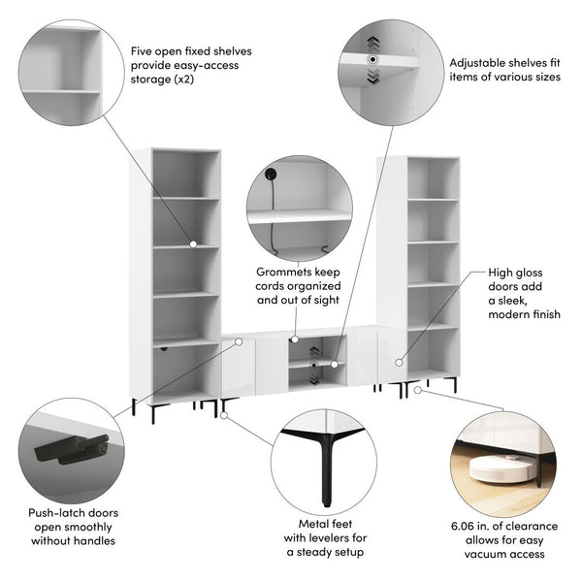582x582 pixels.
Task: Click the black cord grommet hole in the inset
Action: [271, 174]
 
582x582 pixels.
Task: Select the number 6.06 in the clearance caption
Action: [462, 527]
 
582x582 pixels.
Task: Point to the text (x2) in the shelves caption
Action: [184, 80]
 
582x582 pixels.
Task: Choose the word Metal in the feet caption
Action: [310, 524]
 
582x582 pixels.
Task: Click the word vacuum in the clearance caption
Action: [487, 555]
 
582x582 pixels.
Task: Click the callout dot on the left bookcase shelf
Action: [193, 244]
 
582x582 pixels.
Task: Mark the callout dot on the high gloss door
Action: [399, 362]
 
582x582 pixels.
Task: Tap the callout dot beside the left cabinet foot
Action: [224, 415]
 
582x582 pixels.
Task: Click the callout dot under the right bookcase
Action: [418, 390]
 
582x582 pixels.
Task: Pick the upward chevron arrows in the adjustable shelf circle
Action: [372, 45]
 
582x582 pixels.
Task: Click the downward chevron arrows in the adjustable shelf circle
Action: [372, 76]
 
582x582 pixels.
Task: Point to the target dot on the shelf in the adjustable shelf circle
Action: [372, 60]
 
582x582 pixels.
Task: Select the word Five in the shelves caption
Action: [141, 51]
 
